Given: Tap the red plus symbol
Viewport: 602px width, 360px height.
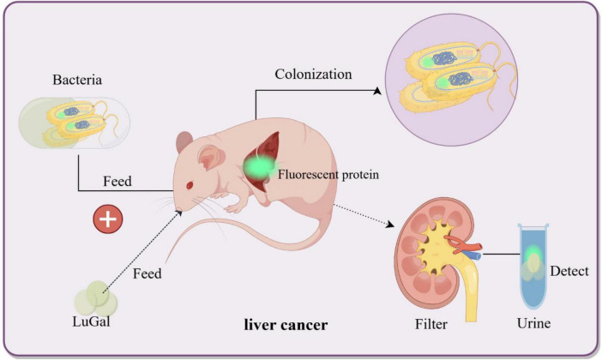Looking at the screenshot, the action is (106, 219).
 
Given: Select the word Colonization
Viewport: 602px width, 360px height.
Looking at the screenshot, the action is (313, 74).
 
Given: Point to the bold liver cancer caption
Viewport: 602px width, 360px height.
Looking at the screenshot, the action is (286, 326).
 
